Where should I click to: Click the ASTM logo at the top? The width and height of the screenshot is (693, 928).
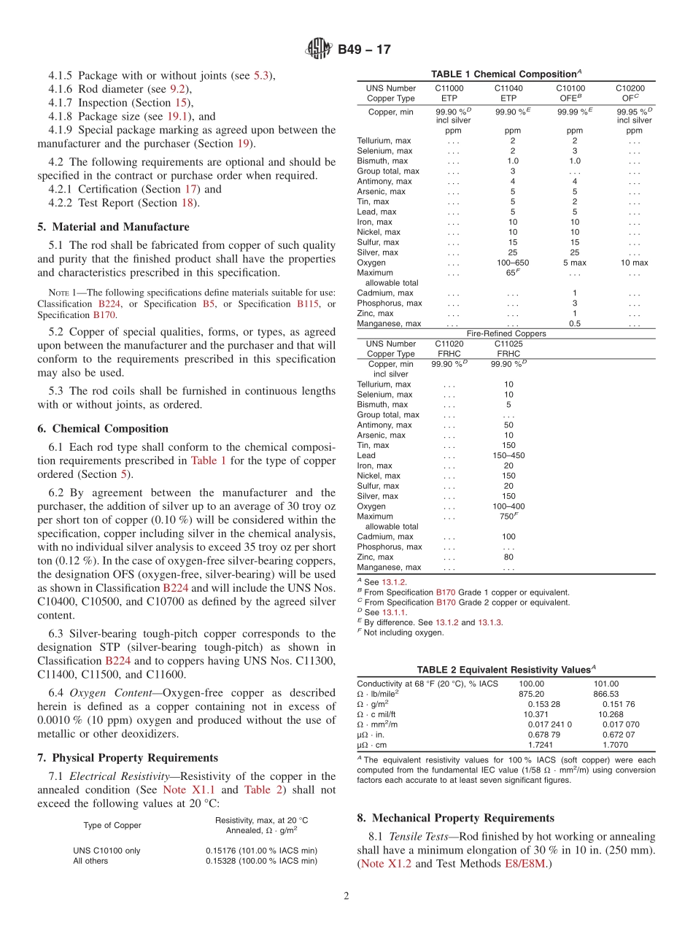[318, 50]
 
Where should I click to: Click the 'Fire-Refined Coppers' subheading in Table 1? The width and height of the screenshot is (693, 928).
[506, 333]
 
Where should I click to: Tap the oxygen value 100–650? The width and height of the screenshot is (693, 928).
[513, 263]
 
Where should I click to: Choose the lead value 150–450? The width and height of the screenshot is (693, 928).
[508, 455]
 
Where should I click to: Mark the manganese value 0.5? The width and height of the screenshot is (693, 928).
[575, 323]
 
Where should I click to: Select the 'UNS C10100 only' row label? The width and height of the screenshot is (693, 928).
[107, 851]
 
